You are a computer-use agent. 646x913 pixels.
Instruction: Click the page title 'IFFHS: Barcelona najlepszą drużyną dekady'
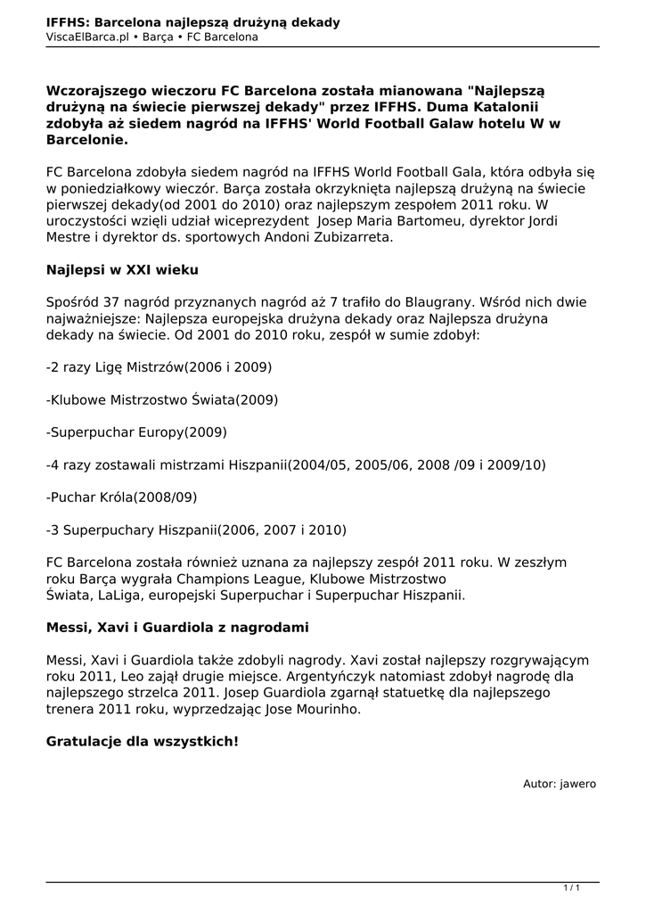tap(193, 21)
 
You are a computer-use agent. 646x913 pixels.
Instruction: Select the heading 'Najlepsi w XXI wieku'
tap(122, 269)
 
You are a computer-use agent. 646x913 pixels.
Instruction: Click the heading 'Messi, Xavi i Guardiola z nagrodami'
tap(177, 628)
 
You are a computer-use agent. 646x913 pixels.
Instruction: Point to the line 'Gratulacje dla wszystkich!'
tap(143, 741)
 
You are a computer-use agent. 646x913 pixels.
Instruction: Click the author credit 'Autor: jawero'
tap(559, 784)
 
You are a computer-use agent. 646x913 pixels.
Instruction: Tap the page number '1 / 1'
tap(572, 887)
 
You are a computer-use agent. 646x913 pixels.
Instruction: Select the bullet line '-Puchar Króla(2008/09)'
tap(121, 497)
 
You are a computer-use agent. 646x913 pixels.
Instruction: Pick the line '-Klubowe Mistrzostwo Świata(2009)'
tap(162, 400)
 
